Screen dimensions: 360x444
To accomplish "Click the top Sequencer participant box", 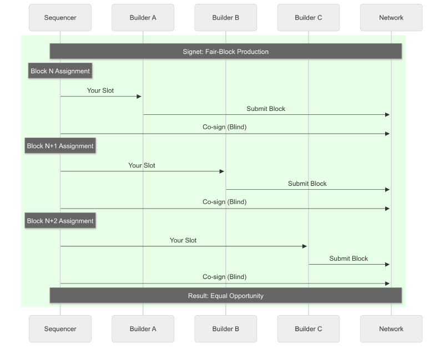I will point(60,18).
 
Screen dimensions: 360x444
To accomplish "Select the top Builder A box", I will point(143,18).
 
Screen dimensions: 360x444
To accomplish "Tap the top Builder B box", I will point(225,18).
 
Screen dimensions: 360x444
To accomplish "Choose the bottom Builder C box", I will point(308,329).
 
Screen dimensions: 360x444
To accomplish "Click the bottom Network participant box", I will point(391,329).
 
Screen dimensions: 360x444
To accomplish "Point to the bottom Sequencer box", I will point(60,329).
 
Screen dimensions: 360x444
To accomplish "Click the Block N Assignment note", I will point(60,71).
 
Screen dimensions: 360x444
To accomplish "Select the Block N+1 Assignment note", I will point(60,146).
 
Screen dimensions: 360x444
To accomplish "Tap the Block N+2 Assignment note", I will point(60,221).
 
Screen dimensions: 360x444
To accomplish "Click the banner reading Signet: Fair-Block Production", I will point(225,52).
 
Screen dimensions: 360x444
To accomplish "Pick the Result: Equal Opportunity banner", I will point(225,296).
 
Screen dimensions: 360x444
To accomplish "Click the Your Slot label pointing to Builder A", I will point(100,90).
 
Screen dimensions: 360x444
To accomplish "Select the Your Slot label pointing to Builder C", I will point(183,240).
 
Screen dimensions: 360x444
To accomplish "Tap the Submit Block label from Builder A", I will point(266,109).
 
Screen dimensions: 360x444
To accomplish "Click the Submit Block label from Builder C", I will point(349,258).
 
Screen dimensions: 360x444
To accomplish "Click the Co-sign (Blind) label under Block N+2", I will point(224,277).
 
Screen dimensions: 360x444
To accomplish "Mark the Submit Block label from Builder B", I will point(307,184).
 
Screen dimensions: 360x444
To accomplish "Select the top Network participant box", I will point(391,18).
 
